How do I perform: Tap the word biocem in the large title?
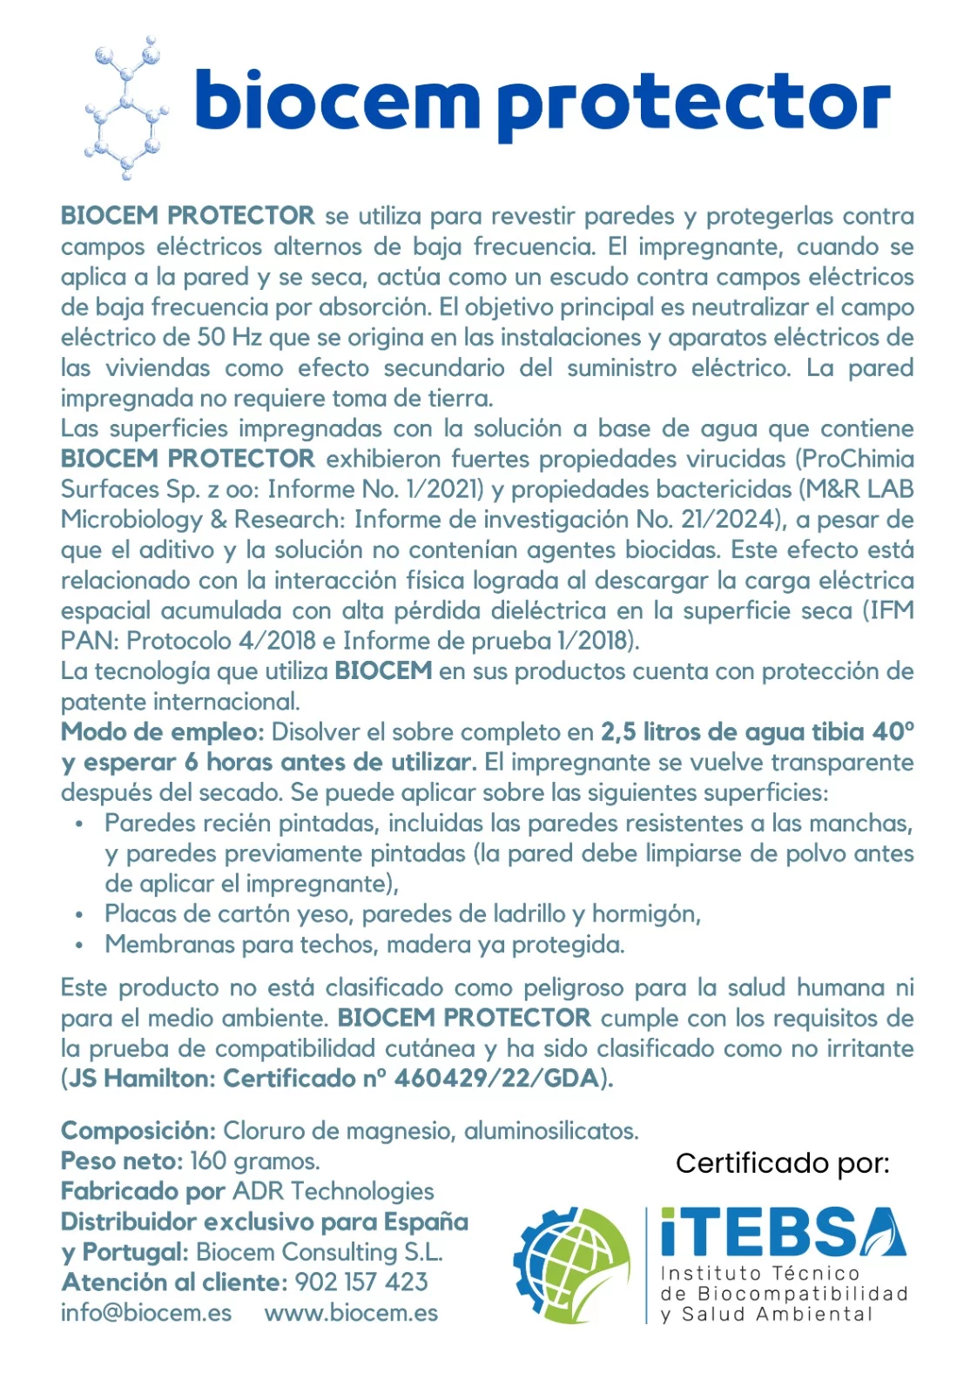pos(336,101)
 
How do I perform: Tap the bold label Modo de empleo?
pos(163,732)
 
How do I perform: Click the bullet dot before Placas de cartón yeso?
pos(79,915)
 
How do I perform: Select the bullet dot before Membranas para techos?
pos(79,945)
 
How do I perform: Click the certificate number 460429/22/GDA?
pos(496,1079)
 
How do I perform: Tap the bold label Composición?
pos(138,1131)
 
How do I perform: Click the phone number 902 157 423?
pos(361,1282)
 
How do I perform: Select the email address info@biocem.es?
pos(146,1313)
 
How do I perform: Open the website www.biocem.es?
pos(351,1313)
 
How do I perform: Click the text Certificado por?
pos(782,1163)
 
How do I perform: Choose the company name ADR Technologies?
pos(334,1192)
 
